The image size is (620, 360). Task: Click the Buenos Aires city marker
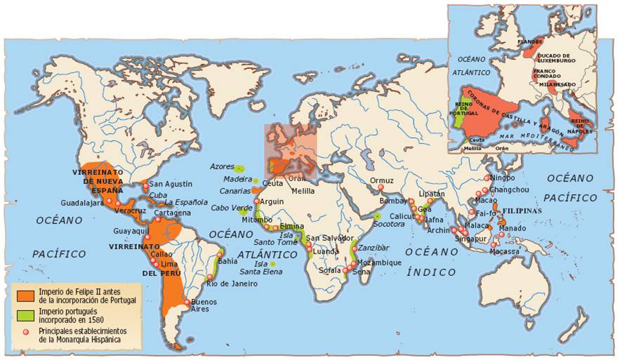187,303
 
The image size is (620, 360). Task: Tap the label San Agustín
170,184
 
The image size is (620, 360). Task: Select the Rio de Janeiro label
232,284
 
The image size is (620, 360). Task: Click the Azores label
221,166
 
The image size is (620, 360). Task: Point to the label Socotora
389,224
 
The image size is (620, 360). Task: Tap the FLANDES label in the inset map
530,41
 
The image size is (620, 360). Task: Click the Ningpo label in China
503,178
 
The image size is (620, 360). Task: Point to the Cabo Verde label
231,208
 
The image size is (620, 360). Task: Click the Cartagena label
173,213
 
